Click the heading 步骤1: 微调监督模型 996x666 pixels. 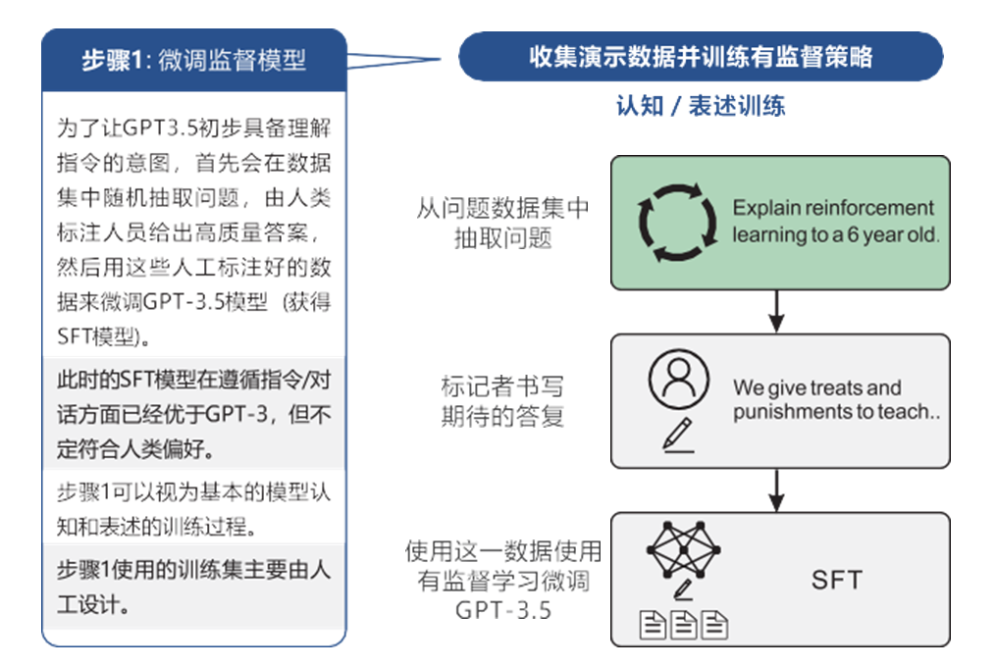(x=193, y=60)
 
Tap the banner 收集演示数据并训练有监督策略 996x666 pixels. (x=701, y=57)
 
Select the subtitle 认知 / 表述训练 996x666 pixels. (x=701, y=105)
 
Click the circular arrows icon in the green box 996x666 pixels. (x=678, y=223)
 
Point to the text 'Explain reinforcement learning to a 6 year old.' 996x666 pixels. (x=835, y=221)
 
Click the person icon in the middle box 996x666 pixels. (x=678, y=379)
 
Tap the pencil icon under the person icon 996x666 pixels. (x=678, y=435)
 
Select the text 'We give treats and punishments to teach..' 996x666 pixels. (x=837, y=399)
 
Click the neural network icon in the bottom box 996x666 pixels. (x=684, y=550)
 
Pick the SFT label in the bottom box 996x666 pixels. (x=837, y=580)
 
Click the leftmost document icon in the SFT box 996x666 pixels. (x=653, y=625)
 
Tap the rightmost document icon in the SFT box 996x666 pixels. (x=714, y=625)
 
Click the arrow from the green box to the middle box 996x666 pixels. (x=776, y=312)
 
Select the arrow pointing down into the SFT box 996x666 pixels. (x=776, y=490)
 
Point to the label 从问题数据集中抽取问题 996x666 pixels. (x=502, y=223)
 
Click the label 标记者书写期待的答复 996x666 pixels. (x=502, y=401)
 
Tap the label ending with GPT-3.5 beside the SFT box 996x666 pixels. (x=503, y=581)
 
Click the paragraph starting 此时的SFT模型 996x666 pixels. (x=193, y=414)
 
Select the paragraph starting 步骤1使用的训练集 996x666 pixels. (x=193, y=588)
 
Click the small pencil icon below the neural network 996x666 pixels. (x=683, y=589)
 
